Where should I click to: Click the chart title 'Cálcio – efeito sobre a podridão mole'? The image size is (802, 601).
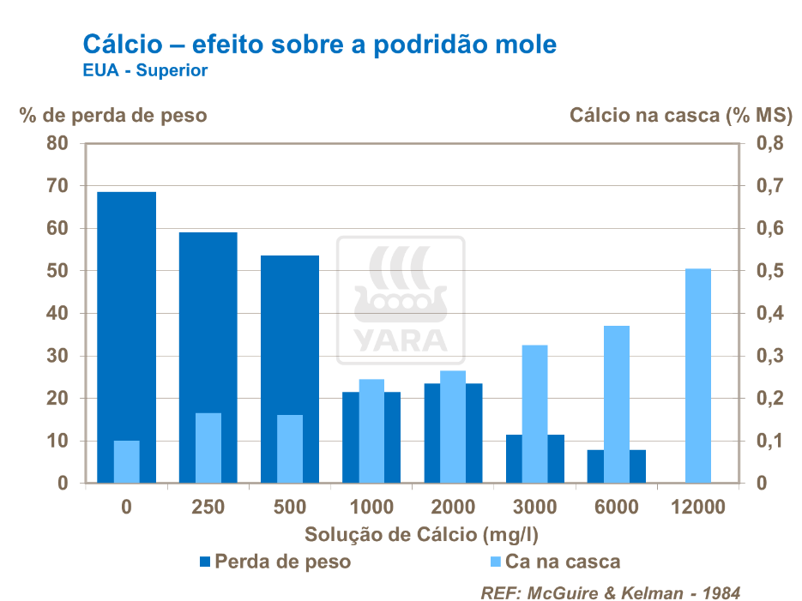coord(318,44)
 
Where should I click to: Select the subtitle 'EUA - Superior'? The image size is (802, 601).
coord(145,71)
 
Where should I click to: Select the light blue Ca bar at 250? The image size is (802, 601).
coord(208,448)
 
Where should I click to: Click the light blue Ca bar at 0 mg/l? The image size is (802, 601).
coord(126,461)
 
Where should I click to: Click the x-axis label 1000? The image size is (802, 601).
coord(371,508)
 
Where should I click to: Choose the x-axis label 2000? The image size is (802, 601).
coord(453,508)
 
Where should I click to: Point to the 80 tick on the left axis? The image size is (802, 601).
coord(57,143)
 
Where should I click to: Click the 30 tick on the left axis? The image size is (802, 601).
coord(57,356)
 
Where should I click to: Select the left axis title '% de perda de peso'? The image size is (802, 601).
coord(113,115)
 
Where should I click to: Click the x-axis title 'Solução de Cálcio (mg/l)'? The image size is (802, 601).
coord(421,534)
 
